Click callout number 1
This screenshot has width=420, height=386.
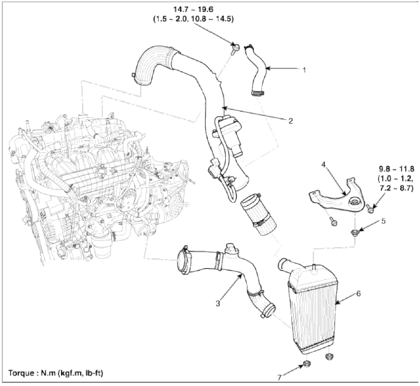tap(304, 70)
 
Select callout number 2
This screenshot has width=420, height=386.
tap(291, 120)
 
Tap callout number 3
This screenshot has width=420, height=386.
tap(218, 303)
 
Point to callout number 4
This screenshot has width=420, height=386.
tap(324, 164)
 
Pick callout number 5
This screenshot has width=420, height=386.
tap(383, 221)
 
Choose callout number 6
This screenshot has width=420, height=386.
tap(358, 293)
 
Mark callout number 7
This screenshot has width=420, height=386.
tap(279, 377)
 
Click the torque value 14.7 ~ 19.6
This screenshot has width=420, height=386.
tap(193, 10)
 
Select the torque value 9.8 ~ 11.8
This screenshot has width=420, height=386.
tap(397, 169)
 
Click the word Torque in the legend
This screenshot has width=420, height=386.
tap(21, 373)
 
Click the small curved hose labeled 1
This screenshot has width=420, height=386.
tap(256, 70)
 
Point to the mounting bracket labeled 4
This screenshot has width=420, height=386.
tap(336, 196)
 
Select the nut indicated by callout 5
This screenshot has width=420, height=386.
tap(355, 233)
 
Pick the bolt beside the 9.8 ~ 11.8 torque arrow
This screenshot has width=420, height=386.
tap(370, 209)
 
